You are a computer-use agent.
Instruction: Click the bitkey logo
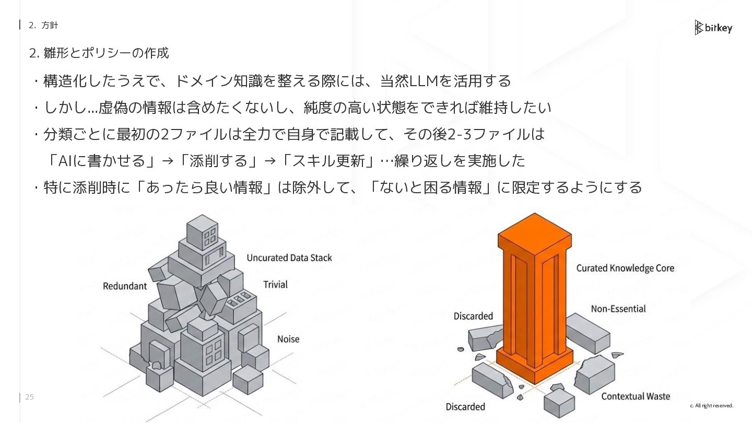pyautogui.click(x=713, y=28)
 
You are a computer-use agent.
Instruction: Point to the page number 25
pyautogui.click(x=29, y=397)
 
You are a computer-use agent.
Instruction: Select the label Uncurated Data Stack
pyautogui.click(x=289, y=257)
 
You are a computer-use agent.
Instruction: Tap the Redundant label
pyautogui.click(x=125, y=286)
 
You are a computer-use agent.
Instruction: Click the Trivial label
pyautogui.click(x=275, y=285)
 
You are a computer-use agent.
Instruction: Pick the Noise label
pyautogui.click(x=288, y=339)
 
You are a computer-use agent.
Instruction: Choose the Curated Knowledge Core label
pyautogui.click(x=625, y=268)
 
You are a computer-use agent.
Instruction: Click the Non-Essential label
pyautogui.click(x=618, y=309)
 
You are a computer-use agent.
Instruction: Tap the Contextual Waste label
pyautogui.click(x=636, y=396)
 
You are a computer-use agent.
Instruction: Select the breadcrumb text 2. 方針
pyautogui.click(x=43, y=25)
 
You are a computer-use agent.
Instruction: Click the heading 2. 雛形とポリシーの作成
pyautogui.click(x=99, y=53)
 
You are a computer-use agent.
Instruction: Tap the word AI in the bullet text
pyautogui.click(x=65, y=161)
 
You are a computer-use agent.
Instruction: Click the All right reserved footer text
pyautogui.click(x=712, y=406)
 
